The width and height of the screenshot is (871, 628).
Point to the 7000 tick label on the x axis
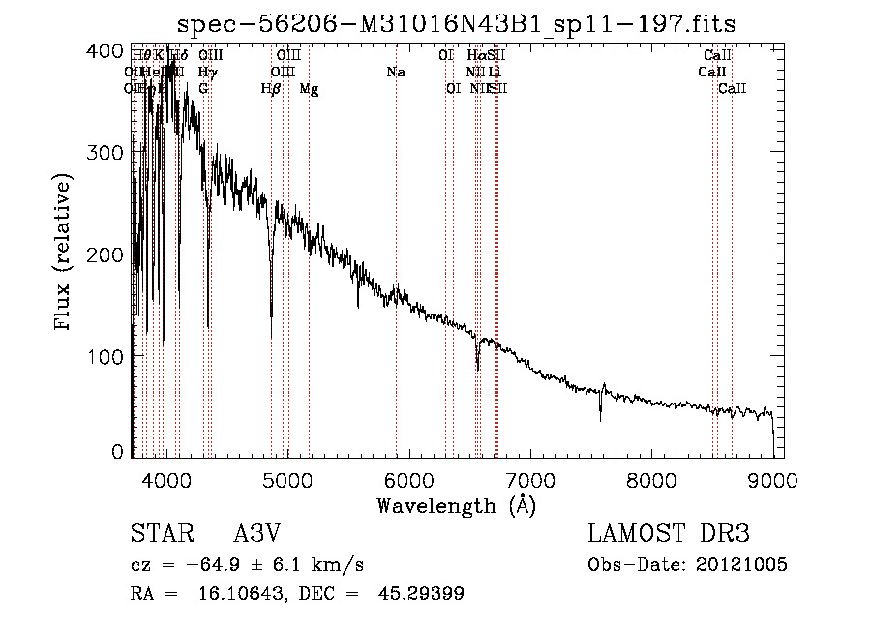530,479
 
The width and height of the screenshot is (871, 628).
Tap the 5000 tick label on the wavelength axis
287,479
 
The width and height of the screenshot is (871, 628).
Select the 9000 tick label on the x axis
772,479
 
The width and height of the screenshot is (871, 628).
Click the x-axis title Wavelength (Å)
456,505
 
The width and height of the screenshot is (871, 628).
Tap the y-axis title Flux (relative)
65,254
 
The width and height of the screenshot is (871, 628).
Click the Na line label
395,73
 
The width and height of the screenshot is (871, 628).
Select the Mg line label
309,89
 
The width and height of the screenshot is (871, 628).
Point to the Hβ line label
271,89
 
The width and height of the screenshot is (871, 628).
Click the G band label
203,89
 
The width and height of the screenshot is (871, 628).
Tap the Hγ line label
206,73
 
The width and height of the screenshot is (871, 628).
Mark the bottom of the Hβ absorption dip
271,315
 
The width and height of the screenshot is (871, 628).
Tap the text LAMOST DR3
668,534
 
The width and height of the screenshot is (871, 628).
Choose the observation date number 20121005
740,564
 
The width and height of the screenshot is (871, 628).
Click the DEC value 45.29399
423,594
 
